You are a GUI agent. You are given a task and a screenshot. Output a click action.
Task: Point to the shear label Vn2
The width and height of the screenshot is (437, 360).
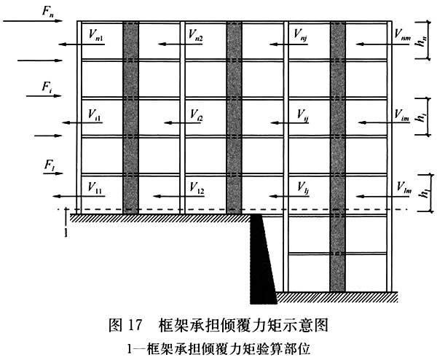(195, 34)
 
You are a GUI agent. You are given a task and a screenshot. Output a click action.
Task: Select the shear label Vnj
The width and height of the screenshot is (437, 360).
(300, 34)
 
